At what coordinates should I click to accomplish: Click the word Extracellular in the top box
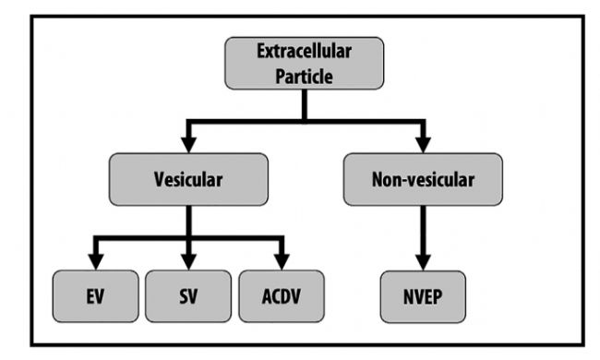(x=305, y=52)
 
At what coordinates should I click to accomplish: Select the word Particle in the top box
(x=305, y=76)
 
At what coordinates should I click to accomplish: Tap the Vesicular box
(x=188, y=179)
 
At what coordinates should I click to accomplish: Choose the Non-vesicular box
(x=423, y=179)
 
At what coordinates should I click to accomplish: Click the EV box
(x=96, y=296)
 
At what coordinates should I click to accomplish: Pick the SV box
(x=188, y=296)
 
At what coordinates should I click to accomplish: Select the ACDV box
(x=282, y=296)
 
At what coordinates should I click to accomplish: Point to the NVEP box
(x=423, y=296)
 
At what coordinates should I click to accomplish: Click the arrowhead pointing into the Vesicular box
(x=188, y=145)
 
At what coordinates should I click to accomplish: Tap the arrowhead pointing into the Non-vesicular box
(x=423, y=145)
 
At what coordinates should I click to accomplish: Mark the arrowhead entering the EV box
(x=96, y=261)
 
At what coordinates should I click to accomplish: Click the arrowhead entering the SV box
(x=188, y=261)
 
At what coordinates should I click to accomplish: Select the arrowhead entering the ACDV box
(x=282, y=261)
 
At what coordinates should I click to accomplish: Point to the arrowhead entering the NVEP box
(x=423, y=262)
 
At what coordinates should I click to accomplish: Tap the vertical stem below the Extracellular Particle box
(x=305, y=105)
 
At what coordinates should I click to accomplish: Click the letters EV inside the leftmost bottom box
(x=95, y=296)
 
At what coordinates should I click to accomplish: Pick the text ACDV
(x=282, y=296)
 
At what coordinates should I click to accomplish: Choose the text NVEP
(x=423, y=297)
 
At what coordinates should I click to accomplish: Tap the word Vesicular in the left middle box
(x=188, y=179)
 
